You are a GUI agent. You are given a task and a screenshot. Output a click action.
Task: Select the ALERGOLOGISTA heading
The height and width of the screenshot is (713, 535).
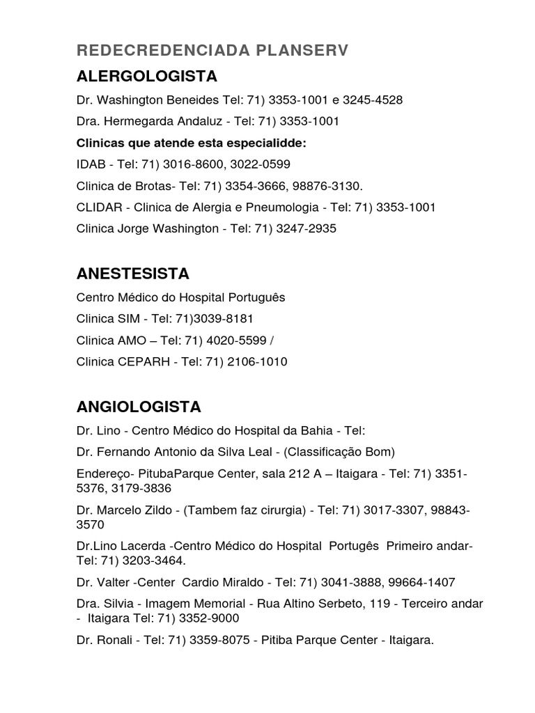(x=146, y=76)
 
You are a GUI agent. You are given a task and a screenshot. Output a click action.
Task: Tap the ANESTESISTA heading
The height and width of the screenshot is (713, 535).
(x=132, y=273)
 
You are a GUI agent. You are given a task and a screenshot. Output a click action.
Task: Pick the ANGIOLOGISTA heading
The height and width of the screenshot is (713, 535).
(x=139, y=407)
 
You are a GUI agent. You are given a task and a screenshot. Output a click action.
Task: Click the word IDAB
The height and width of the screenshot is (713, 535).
(x=89, y=164)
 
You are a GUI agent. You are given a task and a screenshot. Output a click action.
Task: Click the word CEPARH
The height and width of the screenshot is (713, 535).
(x=138, y=362)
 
